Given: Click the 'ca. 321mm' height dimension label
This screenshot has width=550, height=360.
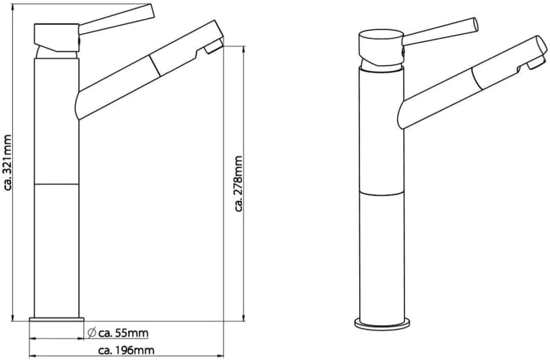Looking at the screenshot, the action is pyautogui.click(x=8, y=163).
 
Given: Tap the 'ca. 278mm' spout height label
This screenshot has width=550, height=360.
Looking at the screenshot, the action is pyautogui.click(x=239, y=184).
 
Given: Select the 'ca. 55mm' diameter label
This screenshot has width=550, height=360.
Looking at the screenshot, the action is pyautogui.click(x=123, y=332).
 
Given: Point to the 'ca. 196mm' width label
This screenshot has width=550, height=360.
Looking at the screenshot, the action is pyautogui.click(x=126, y=350).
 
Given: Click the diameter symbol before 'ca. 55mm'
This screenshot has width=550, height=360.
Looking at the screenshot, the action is pyautogui.click(x=92, y=332).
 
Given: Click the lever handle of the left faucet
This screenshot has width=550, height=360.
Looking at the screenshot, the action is pyautogui.click(x=116, y=19).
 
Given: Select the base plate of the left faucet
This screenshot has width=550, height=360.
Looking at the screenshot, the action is pyautogui.click(x=57, y=319).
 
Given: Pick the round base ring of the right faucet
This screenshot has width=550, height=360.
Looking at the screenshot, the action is pyautogui.click(x=382, y=324).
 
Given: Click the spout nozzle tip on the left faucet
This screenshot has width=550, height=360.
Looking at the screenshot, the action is pyautogui.click(x=214, y=46).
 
